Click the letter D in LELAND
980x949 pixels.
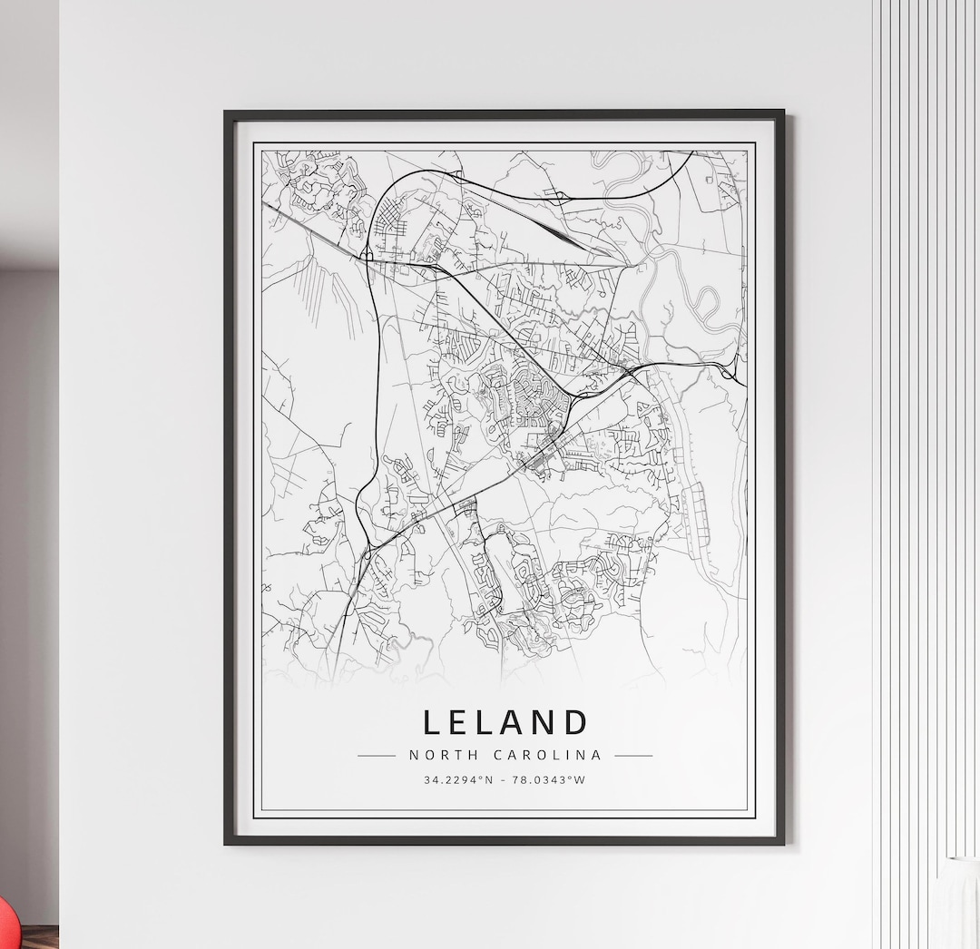tap(575, 722)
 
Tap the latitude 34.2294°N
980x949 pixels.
tap(457, 779)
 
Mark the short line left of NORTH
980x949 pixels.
tap(376, 755)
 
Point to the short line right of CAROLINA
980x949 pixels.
tap(633, 755)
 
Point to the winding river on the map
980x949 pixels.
tap(699, 281)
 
